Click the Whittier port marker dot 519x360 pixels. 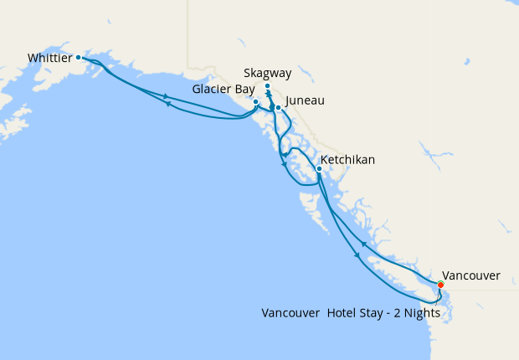[78, 58]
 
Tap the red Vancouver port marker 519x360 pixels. [440, 285]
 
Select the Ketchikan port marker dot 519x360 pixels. [319, 169]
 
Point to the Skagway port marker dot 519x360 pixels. [267, 86]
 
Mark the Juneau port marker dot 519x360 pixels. [278, 108]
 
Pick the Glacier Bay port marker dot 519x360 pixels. [255, 102]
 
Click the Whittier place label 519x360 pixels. [49, 58]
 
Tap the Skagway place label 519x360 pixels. [269, 73]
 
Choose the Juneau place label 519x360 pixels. [305, 101]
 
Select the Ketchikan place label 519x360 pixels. [347, 159]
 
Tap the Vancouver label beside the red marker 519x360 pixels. [470, 275]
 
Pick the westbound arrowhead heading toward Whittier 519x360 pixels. [168, 104]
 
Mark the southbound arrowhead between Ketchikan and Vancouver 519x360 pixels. [358, 256]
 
